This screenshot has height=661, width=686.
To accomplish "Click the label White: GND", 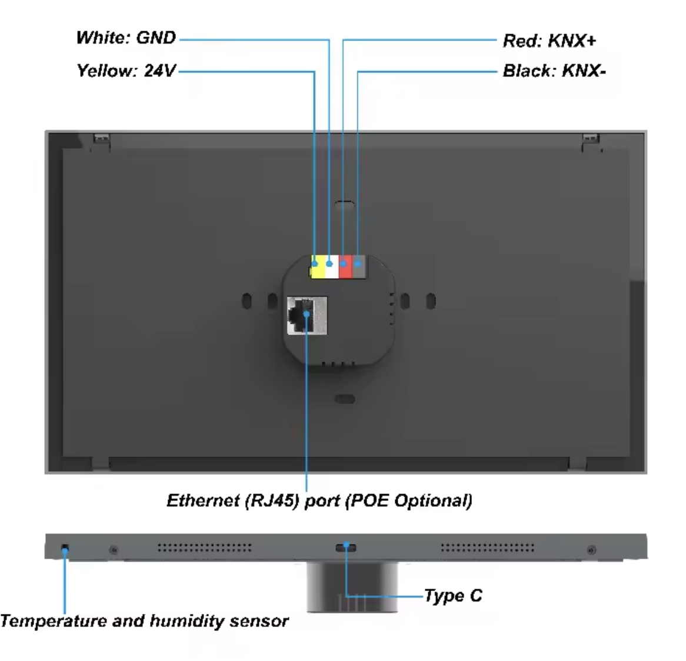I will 126,38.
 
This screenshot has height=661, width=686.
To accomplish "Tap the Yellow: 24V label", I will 126,71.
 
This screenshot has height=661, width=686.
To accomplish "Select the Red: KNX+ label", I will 549,41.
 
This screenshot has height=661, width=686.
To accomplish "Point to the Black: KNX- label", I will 554,71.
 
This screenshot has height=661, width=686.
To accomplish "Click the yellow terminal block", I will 318,268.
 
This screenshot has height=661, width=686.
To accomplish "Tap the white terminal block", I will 332,268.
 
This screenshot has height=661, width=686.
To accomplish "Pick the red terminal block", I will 345,268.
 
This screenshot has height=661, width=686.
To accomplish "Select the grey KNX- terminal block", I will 358,268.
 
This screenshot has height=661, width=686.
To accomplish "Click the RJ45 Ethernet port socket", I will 307,316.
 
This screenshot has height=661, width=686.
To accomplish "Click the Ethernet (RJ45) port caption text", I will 319,500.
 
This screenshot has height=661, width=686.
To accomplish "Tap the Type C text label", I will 452,596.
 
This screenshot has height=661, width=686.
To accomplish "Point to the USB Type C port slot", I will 346,548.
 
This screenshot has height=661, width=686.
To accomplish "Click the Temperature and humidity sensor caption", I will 144,621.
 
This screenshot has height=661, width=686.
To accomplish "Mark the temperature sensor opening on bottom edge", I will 65,549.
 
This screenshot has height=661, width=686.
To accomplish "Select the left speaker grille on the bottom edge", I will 204,548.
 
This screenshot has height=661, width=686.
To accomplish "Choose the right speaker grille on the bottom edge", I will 488,548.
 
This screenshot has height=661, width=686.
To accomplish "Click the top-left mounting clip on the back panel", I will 101,141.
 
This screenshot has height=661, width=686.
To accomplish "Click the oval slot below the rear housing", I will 345,399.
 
